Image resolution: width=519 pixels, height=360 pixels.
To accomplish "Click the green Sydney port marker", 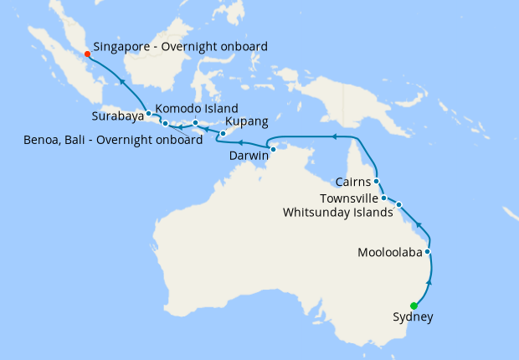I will point(414,306).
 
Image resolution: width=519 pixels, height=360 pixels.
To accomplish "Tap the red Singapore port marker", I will point(87,54).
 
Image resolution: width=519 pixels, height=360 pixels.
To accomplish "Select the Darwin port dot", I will point(273,149).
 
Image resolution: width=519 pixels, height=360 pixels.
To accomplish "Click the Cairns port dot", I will point(377,181).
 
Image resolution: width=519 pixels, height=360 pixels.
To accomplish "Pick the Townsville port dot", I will point(383,198).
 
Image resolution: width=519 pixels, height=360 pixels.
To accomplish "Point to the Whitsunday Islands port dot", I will point(399,204).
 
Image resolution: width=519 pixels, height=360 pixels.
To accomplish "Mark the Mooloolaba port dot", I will point(428,251).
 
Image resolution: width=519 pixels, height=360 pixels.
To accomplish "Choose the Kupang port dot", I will point(223,134).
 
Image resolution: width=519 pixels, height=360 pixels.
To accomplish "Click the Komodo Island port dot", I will point(195,124).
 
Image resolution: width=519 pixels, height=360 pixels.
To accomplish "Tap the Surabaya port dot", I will point(148,113).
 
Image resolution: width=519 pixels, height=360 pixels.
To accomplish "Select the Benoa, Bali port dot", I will point(165,124).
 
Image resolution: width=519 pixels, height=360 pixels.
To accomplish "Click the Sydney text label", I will point(413,317).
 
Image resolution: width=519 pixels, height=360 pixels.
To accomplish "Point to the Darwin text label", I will point(249,156).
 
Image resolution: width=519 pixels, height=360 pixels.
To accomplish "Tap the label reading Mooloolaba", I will point(389,252).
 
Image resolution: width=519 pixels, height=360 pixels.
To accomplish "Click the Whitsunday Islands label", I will point(337,212).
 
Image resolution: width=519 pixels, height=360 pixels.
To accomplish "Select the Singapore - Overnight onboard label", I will point(180,47).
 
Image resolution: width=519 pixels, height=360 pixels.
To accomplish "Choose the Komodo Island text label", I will point(198,109).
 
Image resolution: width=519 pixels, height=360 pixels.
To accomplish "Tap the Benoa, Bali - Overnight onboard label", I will point(113,140).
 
